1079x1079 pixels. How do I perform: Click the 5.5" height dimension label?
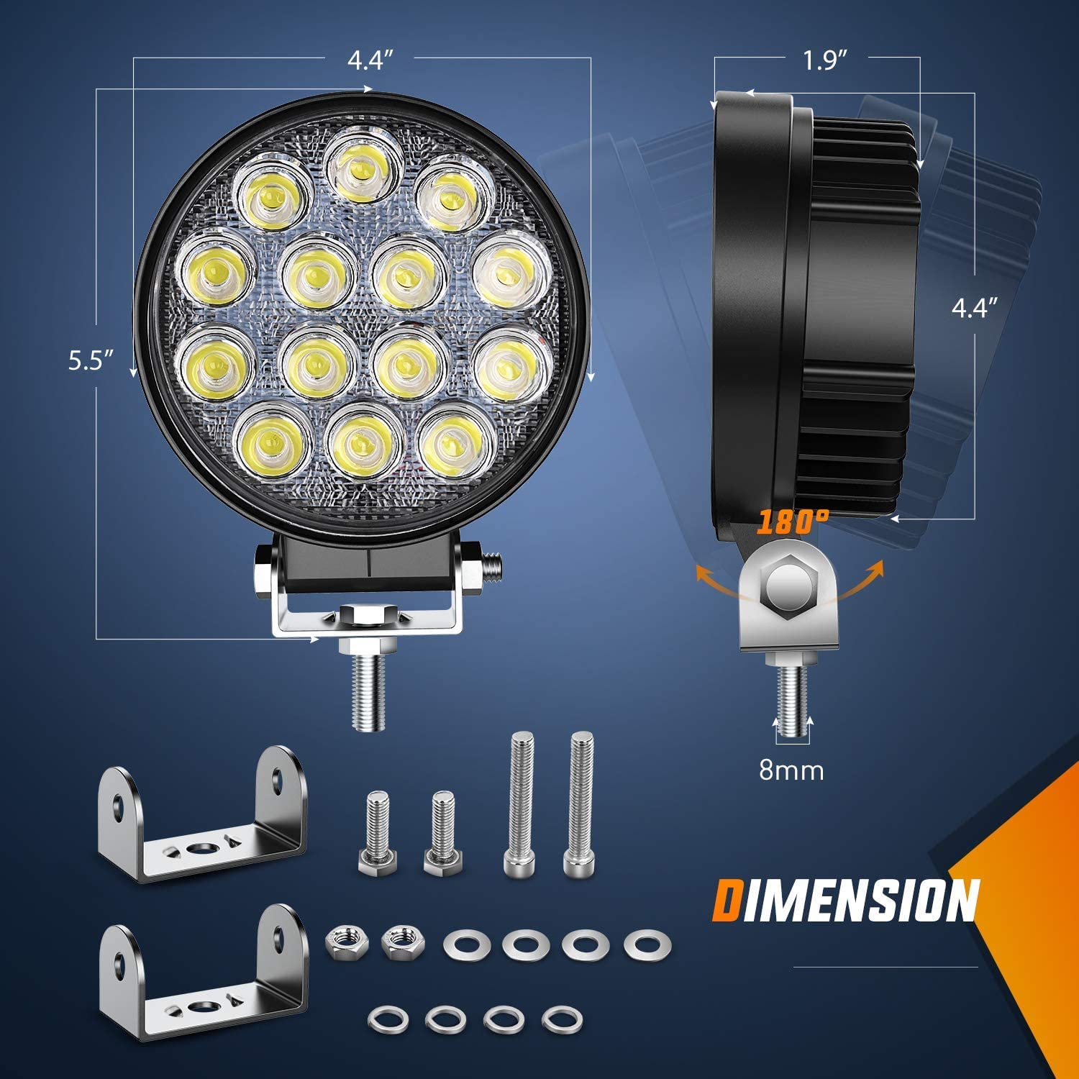91,360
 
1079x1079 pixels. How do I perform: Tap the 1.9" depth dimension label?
821,61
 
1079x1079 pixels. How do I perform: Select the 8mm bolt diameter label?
791,770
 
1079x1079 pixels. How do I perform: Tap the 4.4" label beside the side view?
975,309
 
